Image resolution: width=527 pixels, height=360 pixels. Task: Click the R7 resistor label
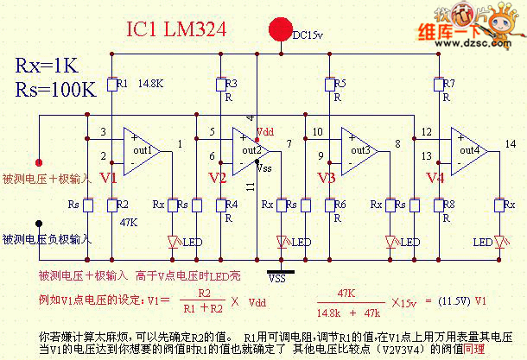point(449,84)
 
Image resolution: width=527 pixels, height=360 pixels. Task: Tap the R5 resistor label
point(340,84)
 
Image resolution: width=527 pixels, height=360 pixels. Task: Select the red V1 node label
point(108,178)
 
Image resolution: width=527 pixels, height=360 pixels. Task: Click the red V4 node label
point(436,178)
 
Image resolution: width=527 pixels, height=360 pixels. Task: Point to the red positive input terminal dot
point(38,161)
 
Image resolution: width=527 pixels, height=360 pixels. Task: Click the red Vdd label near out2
point(265,133)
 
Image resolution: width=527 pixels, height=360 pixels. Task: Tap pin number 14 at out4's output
point(511,142)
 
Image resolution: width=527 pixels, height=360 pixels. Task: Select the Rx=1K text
point(49,66)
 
